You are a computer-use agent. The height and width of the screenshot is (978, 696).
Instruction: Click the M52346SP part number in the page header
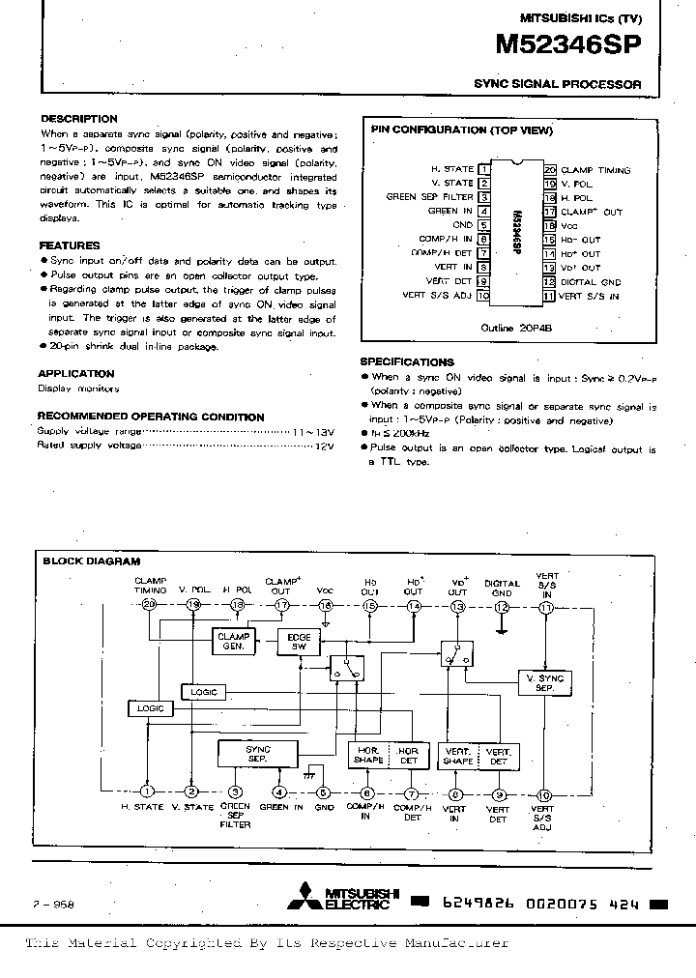pyautogui.click(x=569, y=46)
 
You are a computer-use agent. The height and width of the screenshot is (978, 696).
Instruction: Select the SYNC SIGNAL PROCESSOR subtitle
pyautogui.click(x=558, y=84)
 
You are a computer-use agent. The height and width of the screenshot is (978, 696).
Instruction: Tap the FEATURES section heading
pyautogui.click(x=69, y=245)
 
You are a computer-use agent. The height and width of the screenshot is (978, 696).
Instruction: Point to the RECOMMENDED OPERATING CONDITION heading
pyautogui.click(x=150, y=417)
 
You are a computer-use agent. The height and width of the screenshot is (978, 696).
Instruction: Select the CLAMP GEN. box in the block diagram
pyautogui.click(x=233, y=641)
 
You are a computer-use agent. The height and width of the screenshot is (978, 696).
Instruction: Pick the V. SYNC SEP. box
pyautogui.click(x=544, y=682)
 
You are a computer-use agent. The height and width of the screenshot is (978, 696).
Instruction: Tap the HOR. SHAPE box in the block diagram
pyautogui.click(x=368, y=755)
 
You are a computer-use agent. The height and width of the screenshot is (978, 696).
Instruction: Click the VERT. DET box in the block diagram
pyautogui.click(x=498, y=755)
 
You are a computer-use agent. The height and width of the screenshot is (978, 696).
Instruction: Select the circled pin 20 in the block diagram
pyautogui.click(x=148, y=605)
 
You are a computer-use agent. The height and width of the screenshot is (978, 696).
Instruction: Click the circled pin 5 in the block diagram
pyautogui.click(x=325, y=792)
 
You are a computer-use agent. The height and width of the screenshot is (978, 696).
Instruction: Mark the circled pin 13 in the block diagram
pyautogui.click(x=457, y=605)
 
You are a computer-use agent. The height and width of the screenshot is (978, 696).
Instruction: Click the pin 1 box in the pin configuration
pyautogui.click(x=484, y=168)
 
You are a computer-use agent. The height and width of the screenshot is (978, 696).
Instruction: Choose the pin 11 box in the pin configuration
pyautogui.click(x=548, y=295)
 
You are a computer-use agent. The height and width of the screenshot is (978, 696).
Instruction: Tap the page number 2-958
pyautogui.click(x=54, y=905)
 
